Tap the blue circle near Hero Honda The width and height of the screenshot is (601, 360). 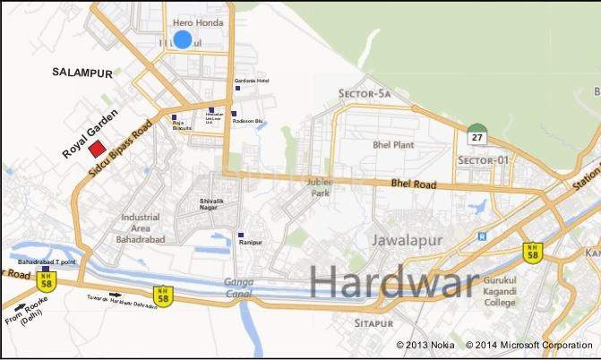coord(183,39)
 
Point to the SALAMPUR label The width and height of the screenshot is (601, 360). coord(80,71)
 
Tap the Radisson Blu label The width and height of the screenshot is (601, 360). coord(246,121)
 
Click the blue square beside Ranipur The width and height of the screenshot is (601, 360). coord(240,235)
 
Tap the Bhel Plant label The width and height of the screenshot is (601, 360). coord(391,144)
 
